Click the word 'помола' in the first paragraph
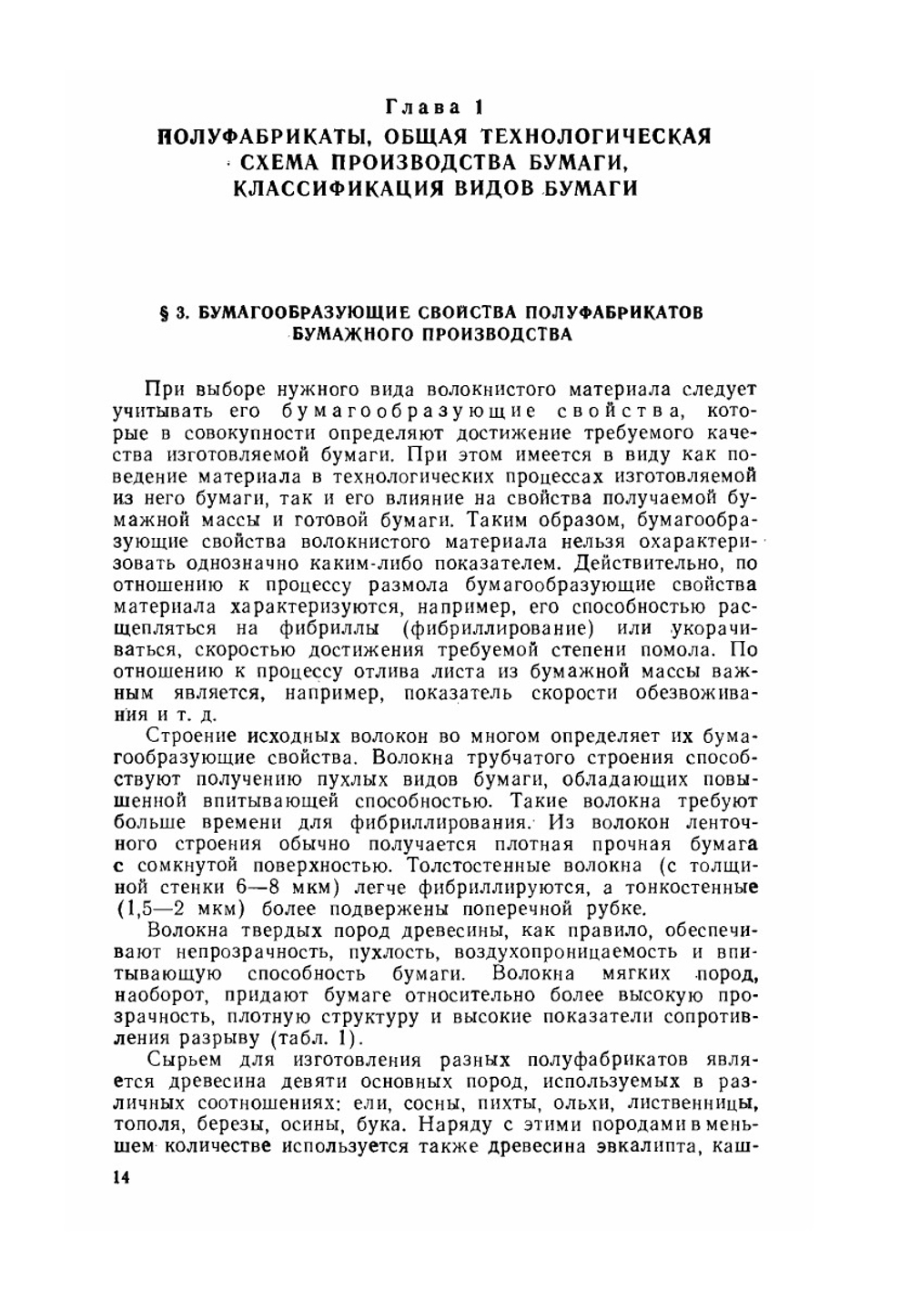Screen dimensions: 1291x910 [x=671, y=650]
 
